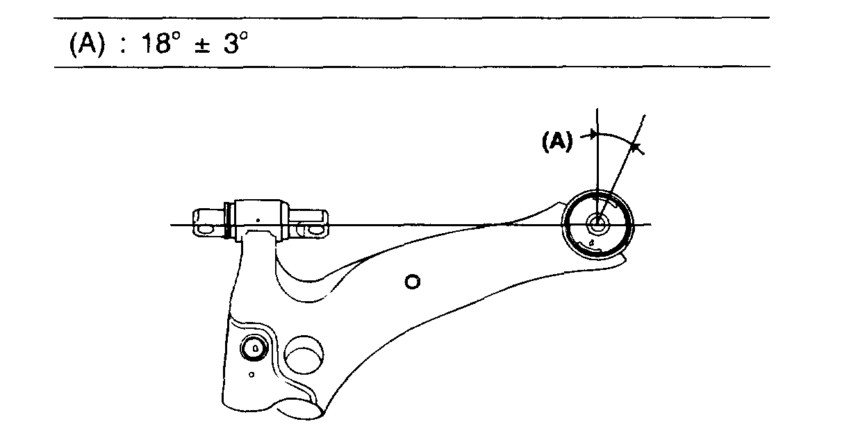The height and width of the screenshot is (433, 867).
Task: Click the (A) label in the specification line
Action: click(x=85, y=44)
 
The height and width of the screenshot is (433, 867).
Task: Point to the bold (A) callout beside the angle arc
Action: click(x=556, y=142)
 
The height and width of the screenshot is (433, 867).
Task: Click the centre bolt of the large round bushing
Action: click(x=597, y=223)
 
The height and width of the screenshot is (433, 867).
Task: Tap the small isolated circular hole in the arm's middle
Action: click(x=413, y=282)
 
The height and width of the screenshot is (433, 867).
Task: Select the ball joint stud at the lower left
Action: click(x=254, y=348)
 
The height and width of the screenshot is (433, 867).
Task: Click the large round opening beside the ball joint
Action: click(x=304, y=355)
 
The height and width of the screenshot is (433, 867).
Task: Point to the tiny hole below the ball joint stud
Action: click(x=252, y=375)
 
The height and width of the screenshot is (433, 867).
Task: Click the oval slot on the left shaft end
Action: click(x=206, y=227)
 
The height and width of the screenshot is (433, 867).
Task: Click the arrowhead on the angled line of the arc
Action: click(x=634, y=146)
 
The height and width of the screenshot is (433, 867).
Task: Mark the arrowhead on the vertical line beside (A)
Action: click(x=593, y=135)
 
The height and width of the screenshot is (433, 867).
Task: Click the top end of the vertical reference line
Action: click(x=597, y=109)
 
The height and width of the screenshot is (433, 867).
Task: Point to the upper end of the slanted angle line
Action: click(x=646, y=114)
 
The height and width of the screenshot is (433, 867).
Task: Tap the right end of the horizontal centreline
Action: click(x=651, y=224)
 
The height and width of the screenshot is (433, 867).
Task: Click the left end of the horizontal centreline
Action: click(x=172, y=225)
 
